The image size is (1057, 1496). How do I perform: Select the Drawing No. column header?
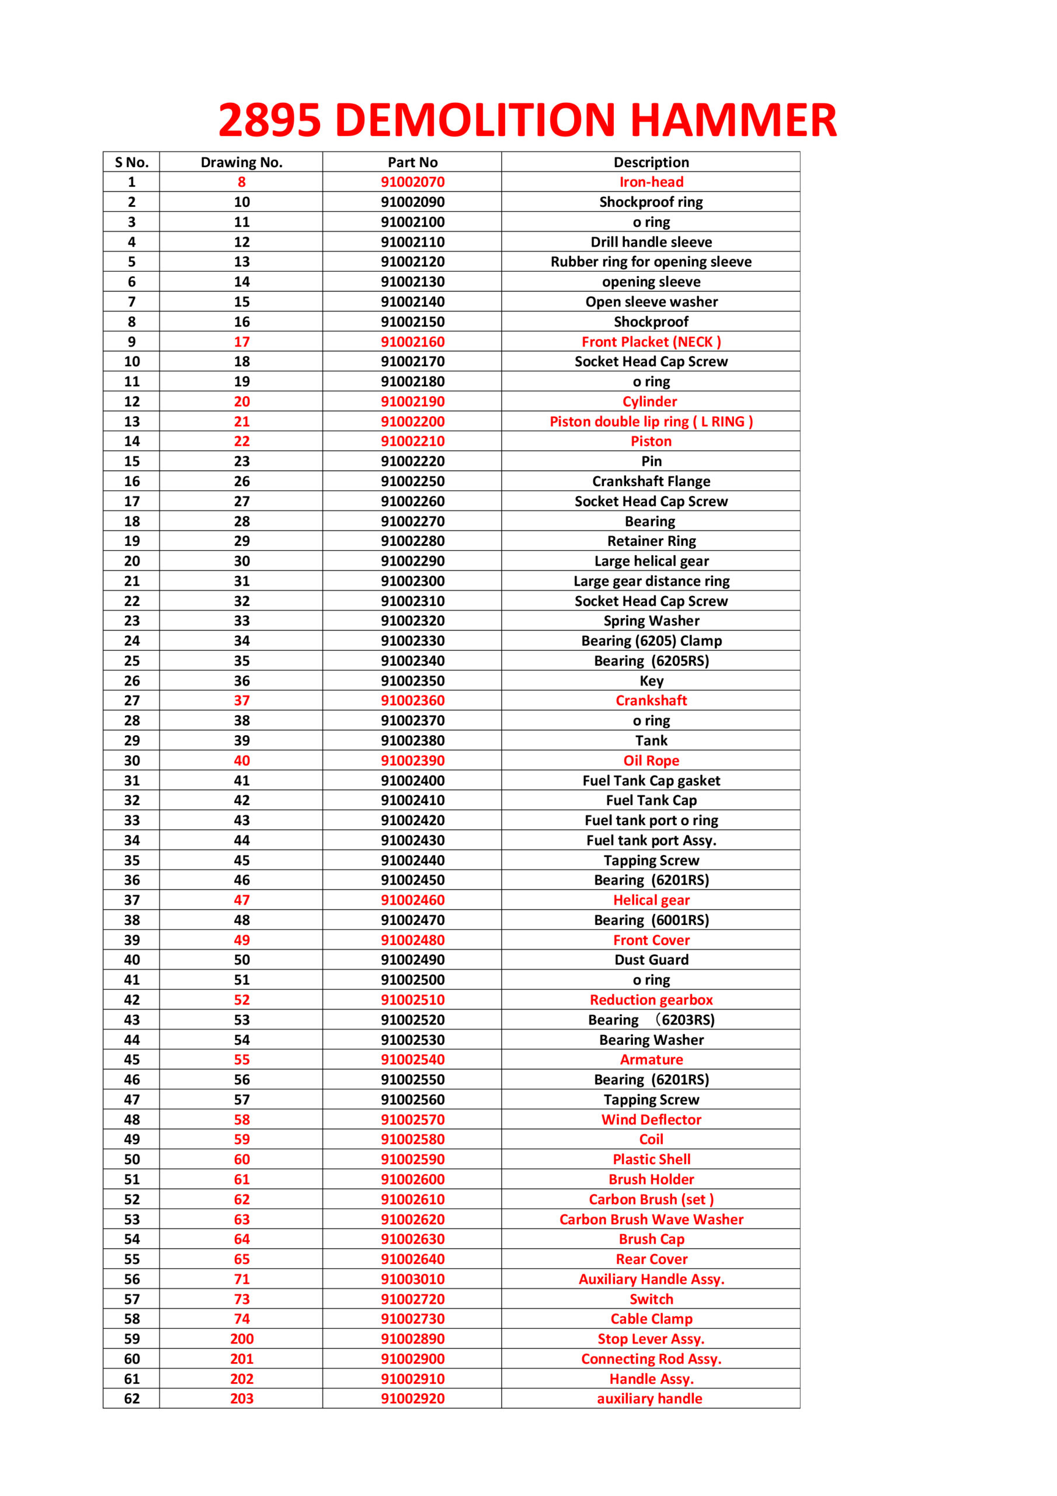[x=241, y=162]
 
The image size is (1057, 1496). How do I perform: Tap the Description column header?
[x=651, y=162]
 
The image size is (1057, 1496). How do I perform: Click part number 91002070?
[x=412, y=182]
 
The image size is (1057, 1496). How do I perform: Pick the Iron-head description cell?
[x=651, y=182]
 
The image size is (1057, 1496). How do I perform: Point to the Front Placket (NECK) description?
[x=651, y=341]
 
